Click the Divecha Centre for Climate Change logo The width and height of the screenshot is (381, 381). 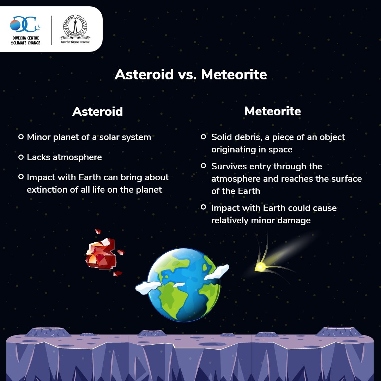(x=25, y=30)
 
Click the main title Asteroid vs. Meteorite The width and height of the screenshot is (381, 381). (x=191, y=74)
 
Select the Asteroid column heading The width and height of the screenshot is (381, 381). (x=97, y=111)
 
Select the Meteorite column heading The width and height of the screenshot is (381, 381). (x=273, y=111)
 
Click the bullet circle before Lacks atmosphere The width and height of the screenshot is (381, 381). (x=21, y=157)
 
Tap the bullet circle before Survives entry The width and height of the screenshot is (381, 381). (x=204, y=166)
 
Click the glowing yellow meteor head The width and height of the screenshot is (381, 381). (x=260, y=267)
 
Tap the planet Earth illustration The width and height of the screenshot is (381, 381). (x=183, y=285)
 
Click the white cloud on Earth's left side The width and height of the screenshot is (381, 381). (x=148, y=287)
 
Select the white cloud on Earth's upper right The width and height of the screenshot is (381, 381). (x=217, y=272)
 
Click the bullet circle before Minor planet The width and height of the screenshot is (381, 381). (x=21, y=137)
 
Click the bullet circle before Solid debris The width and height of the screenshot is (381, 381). (x=204, y=137)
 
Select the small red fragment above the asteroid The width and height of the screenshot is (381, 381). (x=98, y=231)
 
